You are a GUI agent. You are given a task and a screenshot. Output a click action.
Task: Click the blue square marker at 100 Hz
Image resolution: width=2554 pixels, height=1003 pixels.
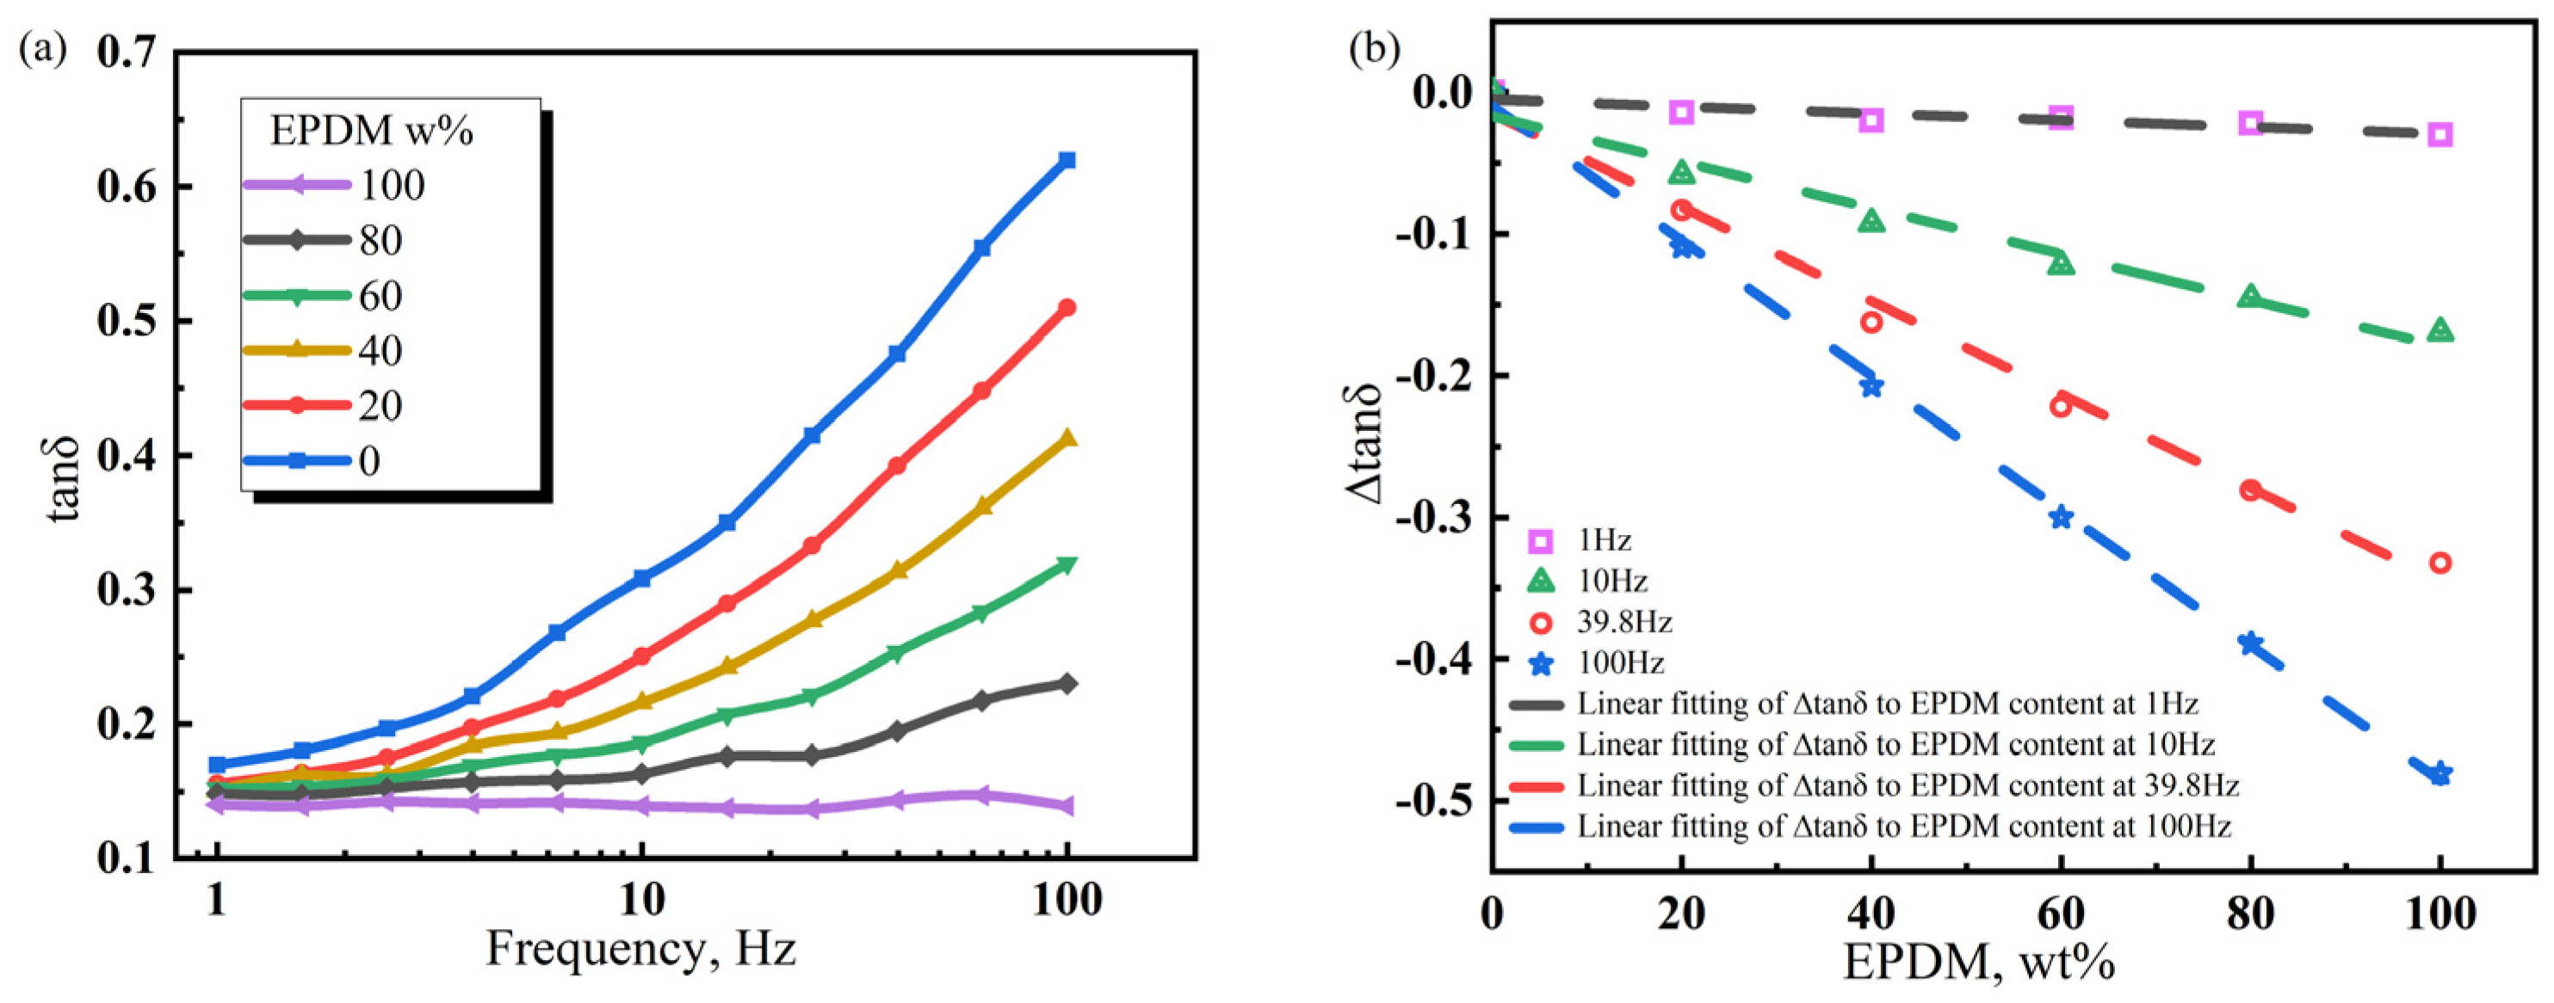tap(1067, 161)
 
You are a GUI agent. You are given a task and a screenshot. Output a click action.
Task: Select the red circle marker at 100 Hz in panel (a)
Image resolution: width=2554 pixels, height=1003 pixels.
tap(1067, 307)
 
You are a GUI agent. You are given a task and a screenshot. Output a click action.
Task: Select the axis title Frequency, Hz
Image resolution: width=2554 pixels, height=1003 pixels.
tap(640, 950)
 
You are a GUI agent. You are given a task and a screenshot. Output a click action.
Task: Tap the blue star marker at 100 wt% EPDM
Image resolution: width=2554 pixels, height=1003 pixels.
tap(2440, 773)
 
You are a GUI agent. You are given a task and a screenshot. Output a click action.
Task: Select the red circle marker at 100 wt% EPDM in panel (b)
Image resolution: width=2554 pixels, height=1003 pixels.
tap(2440, 563)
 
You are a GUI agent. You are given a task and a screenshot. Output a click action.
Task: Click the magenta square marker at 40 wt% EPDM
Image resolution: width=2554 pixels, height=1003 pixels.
tap(1871, 120)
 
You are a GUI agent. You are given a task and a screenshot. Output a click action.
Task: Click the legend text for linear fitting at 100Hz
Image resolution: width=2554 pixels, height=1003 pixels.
tap(1903, 826)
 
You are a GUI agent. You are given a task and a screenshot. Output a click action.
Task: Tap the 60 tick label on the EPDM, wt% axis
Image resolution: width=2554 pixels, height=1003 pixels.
tap(2060, 913)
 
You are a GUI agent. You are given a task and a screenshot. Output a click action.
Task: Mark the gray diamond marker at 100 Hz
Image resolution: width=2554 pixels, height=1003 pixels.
tap(1067, 684)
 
